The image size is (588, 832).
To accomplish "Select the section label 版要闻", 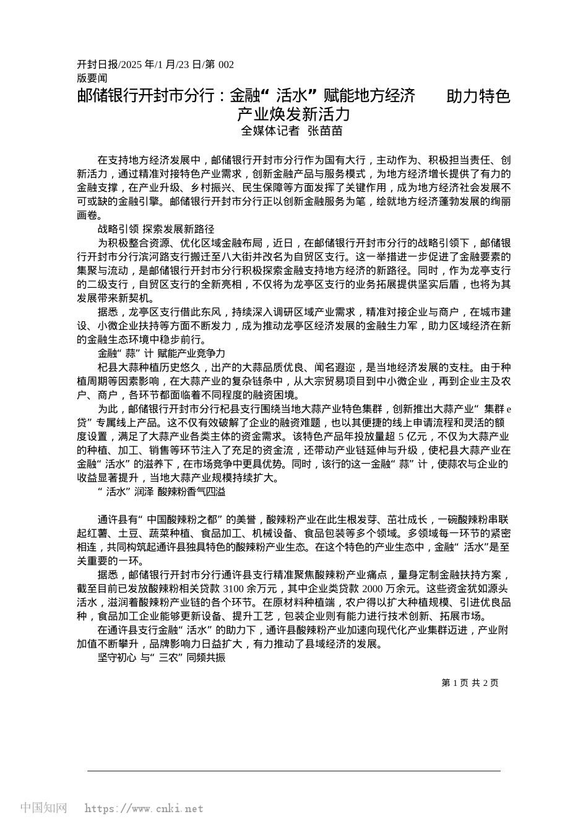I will click(92, 78).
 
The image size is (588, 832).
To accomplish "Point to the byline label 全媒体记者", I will click(270, 131).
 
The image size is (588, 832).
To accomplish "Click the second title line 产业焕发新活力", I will click(294, 115).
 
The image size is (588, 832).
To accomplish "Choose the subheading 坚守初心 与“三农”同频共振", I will click(162, 658).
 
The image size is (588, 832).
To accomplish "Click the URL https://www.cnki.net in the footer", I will click(143, 808).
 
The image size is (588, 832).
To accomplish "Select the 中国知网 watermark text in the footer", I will click(44, 808).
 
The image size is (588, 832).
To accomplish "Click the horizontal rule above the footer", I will click(294, 771).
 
